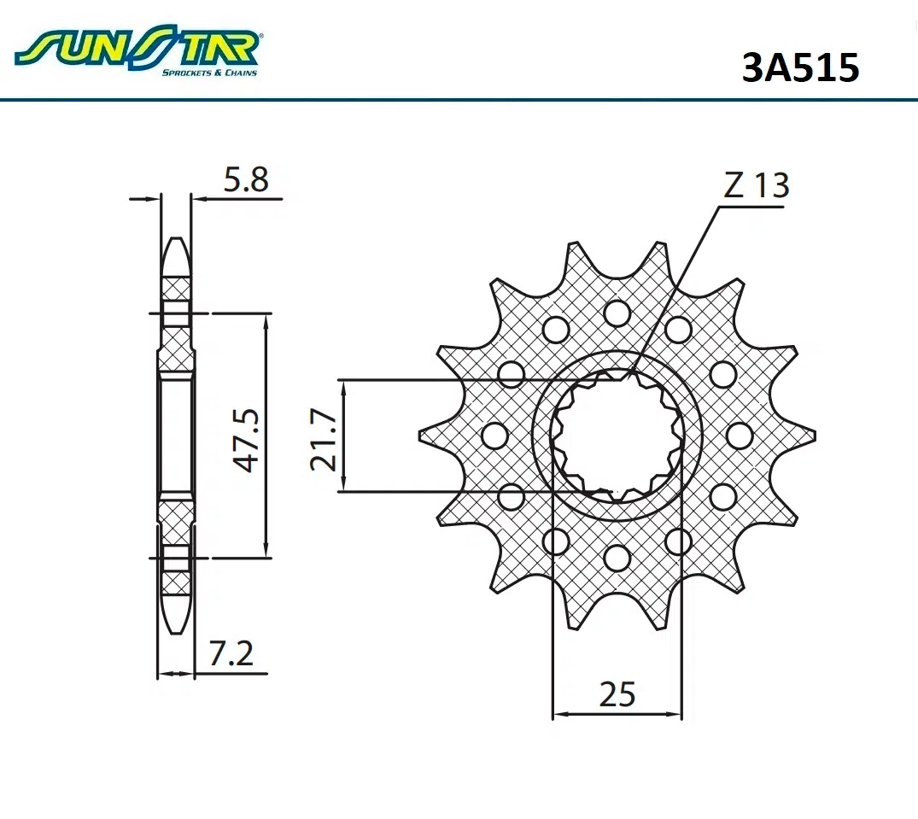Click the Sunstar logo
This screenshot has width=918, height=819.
point(138,50)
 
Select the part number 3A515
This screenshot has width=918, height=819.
point(800,67)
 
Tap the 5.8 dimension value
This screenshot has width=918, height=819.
point(246,179)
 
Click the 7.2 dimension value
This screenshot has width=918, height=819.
point(231,653)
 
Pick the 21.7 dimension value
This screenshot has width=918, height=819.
point(324,440)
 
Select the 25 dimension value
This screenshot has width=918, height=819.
point(617,694)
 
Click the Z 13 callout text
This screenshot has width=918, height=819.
point(757,185)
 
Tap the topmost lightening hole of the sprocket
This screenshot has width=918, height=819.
point(617,313)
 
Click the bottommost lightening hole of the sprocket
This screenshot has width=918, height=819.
point(617,558)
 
